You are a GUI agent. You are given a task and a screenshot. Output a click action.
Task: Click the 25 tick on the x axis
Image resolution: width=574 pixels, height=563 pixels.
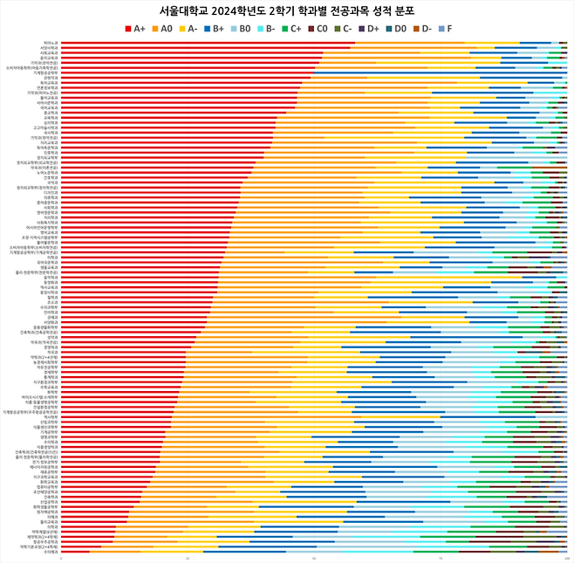pyautogui.click(x=188, y=557)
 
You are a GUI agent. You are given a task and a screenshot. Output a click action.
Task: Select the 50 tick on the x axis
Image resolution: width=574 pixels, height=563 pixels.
pyautogui.click(x=314, y=557)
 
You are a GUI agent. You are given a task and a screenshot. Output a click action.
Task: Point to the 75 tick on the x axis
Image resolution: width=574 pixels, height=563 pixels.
pyautogui.click(x=441, y=557)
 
